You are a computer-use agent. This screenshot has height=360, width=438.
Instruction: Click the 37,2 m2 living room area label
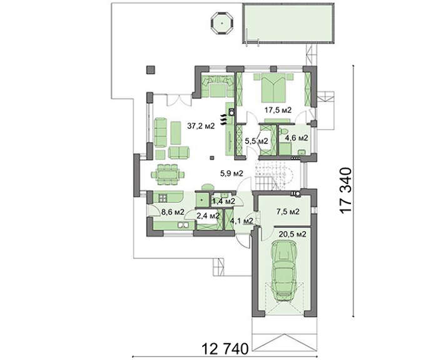click(201, 126)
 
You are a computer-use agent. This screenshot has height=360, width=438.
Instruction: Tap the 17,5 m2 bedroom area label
click(278, 110)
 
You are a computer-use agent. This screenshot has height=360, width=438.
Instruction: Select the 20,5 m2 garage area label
click(292, 234)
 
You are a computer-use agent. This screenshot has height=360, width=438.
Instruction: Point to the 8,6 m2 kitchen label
click(173, 212)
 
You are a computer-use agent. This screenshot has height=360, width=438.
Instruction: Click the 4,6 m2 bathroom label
click(297, 138)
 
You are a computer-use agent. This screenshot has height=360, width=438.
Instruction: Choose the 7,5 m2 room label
click(288, 212)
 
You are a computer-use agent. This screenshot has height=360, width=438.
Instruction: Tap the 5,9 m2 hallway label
click(232, 173)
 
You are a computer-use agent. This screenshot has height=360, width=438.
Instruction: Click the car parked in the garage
click(284, 271)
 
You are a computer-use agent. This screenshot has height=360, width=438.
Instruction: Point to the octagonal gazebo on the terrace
click(222, 23)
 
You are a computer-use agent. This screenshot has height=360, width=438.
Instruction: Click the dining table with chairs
click(168, 175)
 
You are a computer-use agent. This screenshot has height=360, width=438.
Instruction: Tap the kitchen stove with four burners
click(163, 198)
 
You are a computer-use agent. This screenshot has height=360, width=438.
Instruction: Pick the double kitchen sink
click(183, 225)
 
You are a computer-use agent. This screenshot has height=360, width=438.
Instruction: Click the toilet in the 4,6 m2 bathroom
click(284, 131)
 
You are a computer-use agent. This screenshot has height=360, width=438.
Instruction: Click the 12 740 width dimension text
click(225, 349)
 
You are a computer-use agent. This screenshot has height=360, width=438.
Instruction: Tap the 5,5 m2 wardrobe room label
click(257, 141)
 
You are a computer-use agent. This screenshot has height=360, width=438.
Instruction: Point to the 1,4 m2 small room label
click(223, 201)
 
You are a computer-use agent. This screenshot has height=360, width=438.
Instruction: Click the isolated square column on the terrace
click(151, 70)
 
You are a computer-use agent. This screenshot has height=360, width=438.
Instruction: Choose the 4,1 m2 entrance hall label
click(242, 221)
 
